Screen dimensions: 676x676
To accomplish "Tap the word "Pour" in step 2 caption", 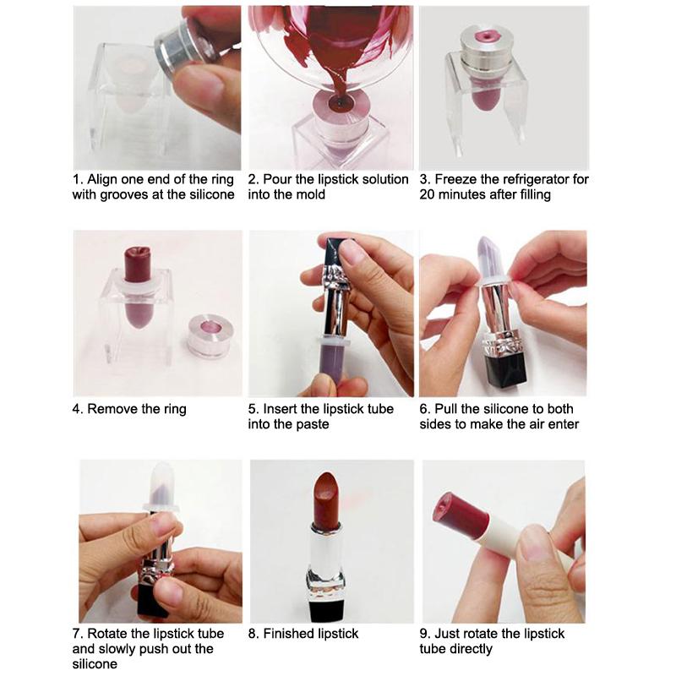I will [278, 179].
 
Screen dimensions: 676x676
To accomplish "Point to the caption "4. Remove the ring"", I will [128, 409].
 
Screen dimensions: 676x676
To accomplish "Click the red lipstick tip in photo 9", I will [450, 508].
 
